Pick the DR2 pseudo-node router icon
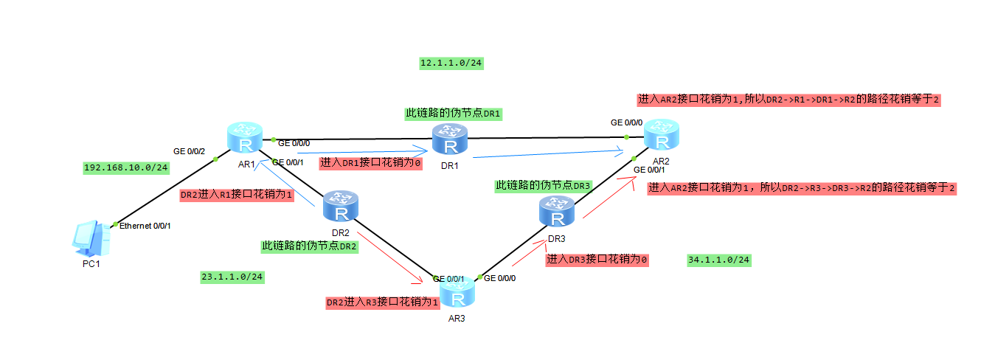341,207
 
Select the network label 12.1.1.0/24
451,63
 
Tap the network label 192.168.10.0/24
126,167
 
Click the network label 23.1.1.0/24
232,277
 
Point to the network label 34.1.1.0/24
719,260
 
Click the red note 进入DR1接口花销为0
370,163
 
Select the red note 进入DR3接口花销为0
597,260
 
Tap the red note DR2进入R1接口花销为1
238,195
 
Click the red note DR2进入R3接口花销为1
382,302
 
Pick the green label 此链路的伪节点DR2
310,246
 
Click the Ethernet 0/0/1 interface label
145,226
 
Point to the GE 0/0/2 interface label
190,150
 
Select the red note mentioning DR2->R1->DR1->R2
788,100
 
